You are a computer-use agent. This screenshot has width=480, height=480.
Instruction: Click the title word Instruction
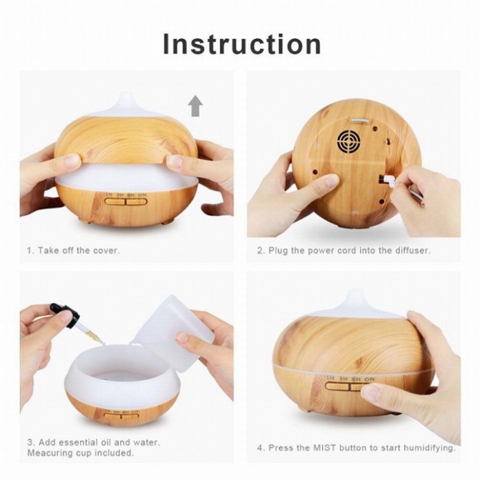coord(242,44)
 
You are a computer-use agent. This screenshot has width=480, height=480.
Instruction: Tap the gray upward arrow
coord(195,106)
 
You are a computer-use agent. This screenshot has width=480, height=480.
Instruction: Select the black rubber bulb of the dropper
coord(66,313)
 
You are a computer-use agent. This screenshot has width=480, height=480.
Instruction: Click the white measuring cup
coord(170,332)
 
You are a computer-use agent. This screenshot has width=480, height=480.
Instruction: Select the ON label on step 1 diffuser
coord(142,195)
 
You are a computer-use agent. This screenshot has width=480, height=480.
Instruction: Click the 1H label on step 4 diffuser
coord(330,378)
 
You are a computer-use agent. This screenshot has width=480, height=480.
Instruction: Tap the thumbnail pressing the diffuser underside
coord(332,182)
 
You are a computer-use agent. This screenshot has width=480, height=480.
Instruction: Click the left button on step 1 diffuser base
coord(114,202)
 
